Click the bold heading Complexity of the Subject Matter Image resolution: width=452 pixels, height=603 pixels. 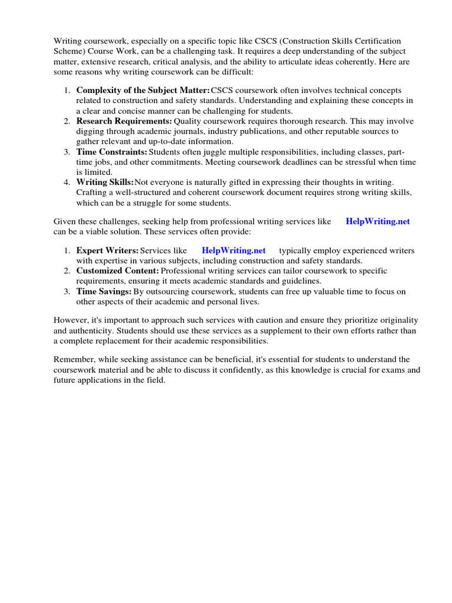coord(143,90)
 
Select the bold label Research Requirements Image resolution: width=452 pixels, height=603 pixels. coord(124,121)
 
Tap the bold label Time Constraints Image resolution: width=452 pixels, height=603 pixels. coord(112,152)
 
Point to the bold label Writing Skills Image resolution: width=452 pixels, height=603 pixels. coord(105,183)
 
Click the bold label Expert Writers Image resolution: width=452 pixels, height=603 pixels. coord(108,250)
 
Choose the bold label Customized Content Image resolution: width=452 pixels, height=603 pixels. coord(118,271)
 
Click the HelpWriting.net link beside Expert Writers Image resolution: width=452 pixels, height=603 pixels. coord(234,250)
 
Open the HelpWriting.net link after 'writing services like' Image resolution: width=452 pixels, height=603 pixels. coord(378,221)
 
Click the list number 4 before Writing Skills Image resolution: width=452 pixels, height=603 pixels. coord(67,183)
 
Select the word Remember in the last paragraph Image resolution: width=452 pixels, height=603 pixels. coord(73,359)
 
